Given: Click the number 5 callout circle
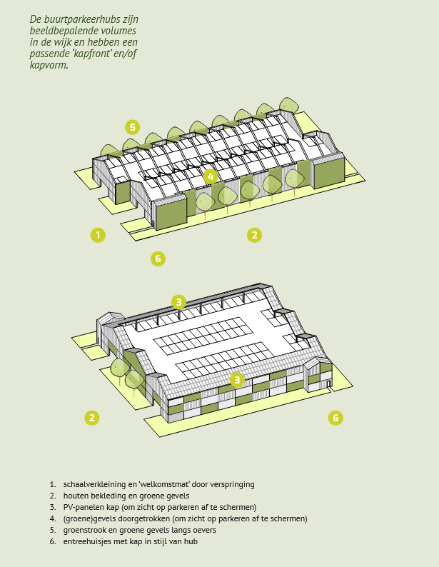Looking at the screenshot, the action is [133, 127].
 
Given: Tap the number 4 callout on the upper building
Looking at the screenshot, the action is [211, 177].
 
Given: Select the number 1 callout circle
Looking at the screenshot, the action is [98, 235].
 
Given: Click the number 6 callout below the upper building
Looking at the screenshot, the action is [158, 259].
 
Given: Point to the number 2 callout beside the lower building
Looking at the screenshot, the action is [92, 418].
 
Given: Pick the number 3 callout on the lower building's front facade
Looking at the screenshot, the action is [237, 380].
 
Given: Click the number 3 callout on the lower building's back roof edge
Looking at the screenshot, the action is [178, 302].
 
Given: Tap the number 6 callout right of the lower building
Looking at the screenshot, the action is [335, 418].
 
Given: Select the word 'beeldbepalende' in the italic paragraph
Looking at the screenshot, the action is [56, 31].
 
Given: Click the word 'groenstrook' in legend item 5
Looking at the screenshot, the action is [84, 530].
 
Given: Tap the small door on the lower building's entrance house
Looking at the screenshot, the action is [328, 384].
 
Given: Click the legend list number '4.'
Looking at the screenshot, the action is [53, 518].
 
